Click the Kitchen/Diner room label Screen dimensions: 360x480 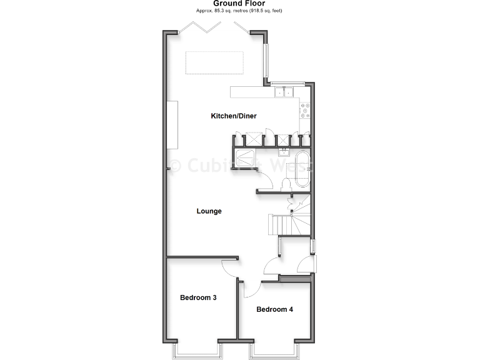234,116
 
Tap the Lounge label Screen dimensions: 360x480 209,211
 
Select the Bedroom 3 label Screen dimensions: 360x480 198,297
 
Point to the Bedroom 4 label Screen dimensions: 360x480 274,309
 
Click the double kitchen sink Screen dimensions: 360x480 283,92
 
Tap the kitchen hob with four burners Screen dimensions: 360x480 306,111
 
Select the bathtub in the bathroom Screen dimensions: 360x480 302,169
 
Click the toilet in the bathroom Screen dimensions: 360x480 286,184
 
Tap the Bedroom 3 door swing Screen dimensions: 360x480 230,268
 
